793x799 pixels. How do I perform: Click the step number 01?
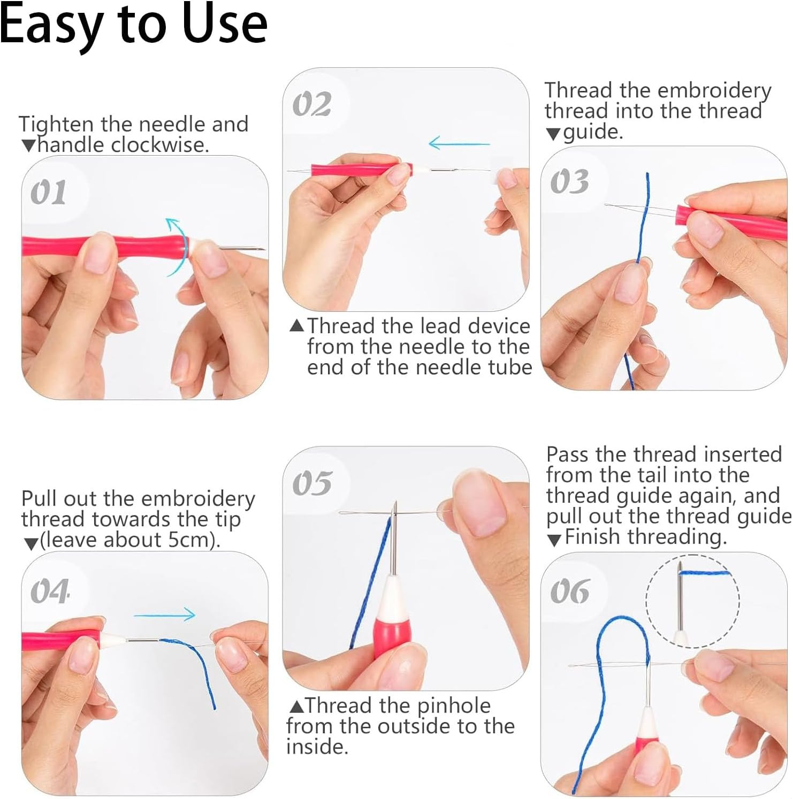(48, 193)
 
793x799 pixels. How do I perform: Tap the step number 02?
(312, 104)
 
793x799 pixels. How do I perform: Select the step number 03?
(569, 182)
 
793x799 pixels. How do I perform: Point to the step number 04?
(50, 591)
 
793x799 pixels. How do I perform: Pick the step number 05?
(312, 483)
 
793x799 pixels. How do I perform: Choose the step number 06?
(569, 591)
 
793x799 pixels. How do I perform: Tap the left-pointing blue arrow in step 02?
(459, 143)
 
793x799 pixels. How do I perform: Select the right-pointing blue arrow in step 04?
(165, 615)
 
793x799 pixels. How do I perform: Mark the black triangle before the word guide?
(553, 134)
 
